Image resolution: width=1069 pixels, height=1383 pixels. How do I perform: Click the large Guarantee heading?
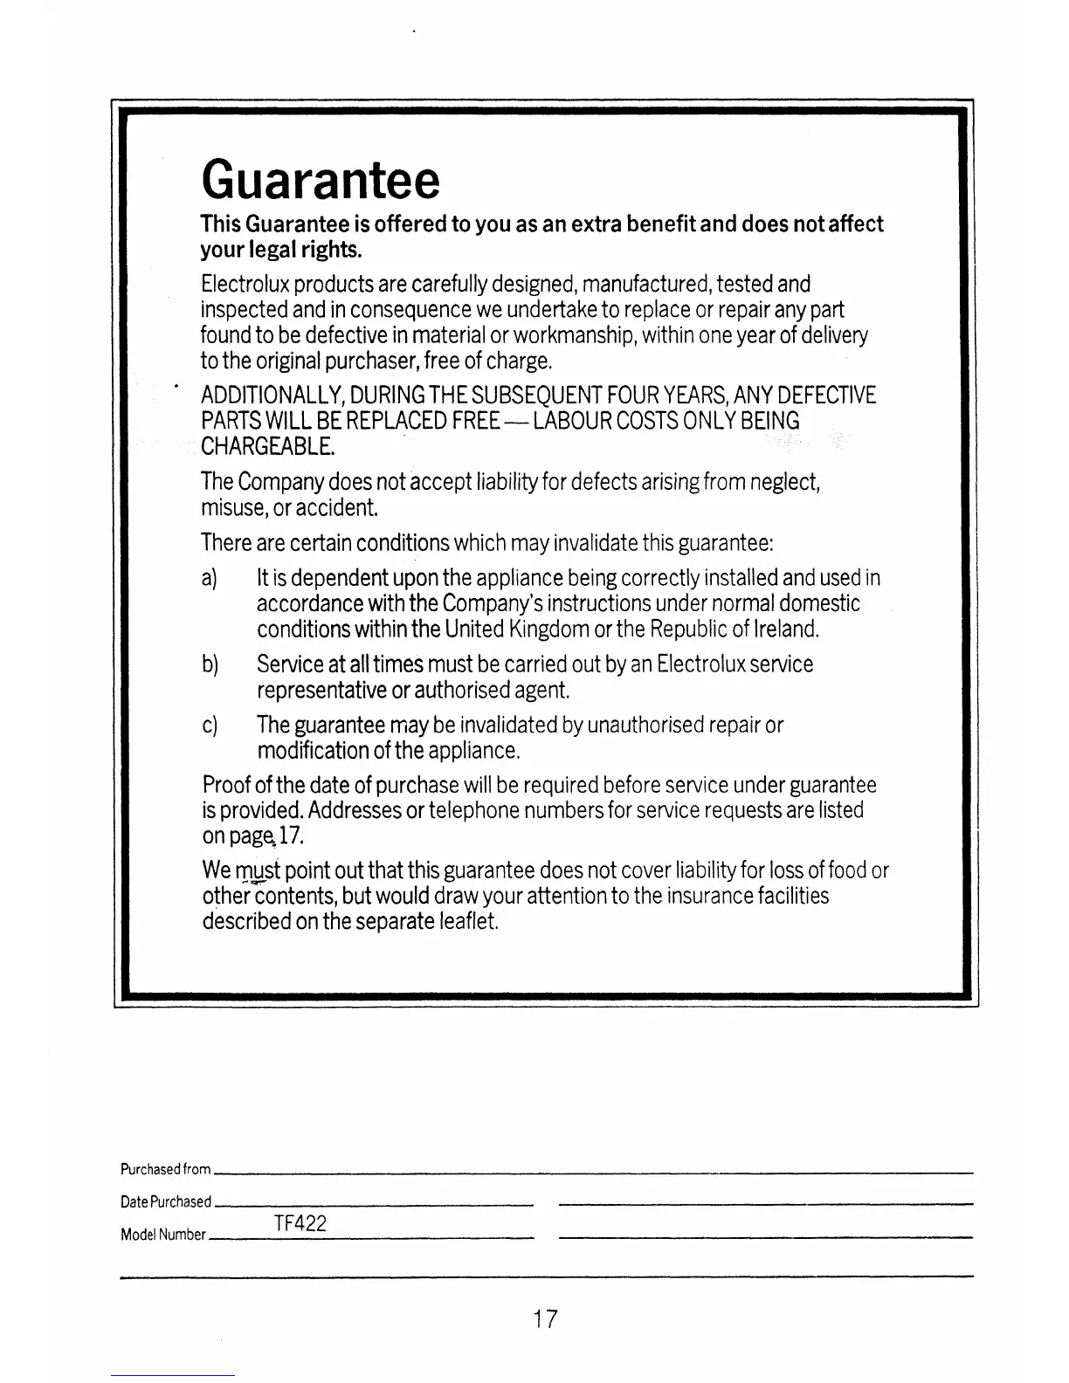[320, 179]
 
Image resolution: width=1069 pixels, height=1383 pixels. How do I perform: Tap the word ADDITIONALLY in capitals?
[272, 396]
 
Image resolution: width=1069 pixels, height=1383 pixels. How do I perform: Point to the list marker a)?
[209, 578]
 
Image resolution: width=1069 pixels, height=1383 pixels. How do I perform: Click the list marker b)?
[209, 664]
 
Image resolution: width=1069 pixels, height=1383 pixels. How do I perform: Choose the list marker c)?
[209, 726]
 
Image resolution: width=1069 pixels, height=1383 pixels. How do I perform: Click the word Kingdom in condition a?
[549, 629]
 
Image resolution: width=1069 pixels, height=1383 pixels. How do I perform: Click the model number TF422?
[300, 1223]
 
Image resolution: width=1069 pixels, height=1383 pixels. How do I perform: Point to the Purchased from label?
[166, 1169]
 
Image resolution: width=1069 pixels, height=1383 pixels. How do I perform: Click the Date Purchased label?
[166, 1201]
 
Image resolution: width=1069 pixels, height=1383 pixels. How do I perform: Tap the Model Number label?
[163, 1235]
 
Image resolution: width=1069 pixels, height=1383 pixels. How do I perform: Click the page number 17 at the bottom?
[545, 1318]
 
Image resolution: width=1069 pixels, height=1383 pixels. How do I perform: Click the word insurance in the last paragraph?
[710, 896]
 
